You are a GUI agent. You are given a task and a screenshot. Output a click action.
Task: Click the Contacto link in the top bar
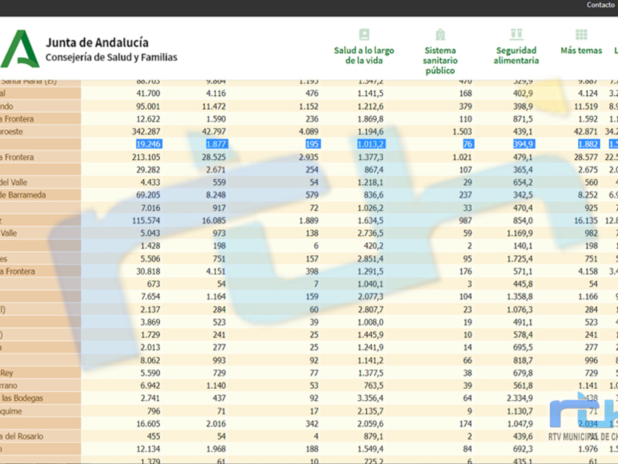click(x=600, y=5)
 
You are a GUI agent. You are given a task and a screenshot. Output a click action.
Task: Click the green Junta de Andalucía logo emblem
click(x=19, y=49)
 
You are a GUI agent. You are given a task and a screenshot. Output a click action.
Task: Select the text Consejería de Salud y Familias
click(x=111, y=57)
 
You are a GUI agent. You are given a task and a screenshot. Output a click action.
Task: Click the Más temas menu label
click(x=581, y=50)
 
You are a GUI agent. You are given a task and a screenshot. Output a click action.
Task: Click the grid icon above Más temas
click(x=581, y=35)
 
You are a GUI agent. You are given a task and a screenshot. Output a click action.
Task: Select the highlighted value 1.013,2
click(x=370, y=144)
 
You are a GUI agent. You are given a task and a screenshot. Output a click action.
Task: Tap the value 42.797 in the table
click(x=211, y=131)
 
